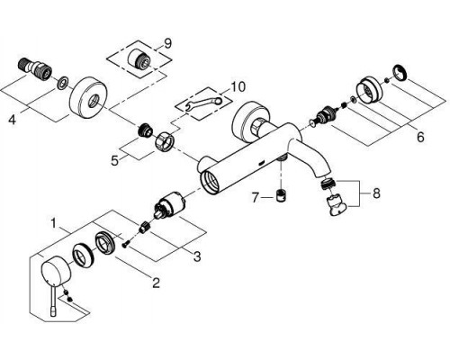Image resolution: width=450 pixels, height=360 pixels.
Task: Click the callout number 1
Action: click(x=53, y=224)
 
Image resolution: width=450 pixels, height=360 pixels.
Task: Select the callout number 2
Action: click(x=156, y=283)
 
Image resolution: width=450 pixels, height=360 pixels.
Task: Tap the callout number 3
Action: click(x=197, y=256)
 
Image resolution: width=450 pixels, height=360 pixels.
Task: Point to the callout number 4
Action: click(x=12, y=121)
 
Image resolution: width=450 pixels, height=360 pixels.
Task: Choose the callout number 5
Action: click(x=114, y=161)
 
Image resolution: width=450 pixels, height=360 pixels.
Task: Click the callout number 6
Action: click(x=420, y=138)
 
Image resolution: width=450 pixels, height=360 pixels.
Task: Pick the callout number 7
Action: click(x=255, y=198)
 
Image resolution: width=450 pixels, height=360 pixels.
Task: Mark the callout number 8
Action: click(x=376, y=193)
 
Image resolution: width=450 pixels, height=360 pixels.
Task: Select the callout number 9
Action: click(x=167, y=44)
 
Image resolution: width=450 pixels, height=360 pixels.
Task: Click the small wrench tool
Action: click(x=203, y=103)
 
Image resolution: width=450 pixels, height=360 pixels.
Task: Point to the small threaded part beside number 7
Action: click(x=281, y=197)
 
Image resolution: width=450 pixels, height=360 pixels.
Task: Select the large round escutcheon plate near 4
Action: click(x=86, y=99)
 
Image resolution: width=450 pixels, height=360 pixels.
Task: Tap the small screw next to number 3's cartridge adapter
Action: click(x=125, y=245)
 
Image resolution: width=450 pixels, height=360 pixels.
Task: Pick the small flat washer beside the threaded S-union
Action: click(x=63, y=84)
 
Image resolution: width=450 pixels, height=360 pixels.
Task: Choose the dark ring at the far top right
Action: click(x=400, y=73)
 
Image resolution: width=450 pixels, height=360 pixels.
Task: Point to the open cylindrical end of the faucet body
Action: click(x=211, y=181)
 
